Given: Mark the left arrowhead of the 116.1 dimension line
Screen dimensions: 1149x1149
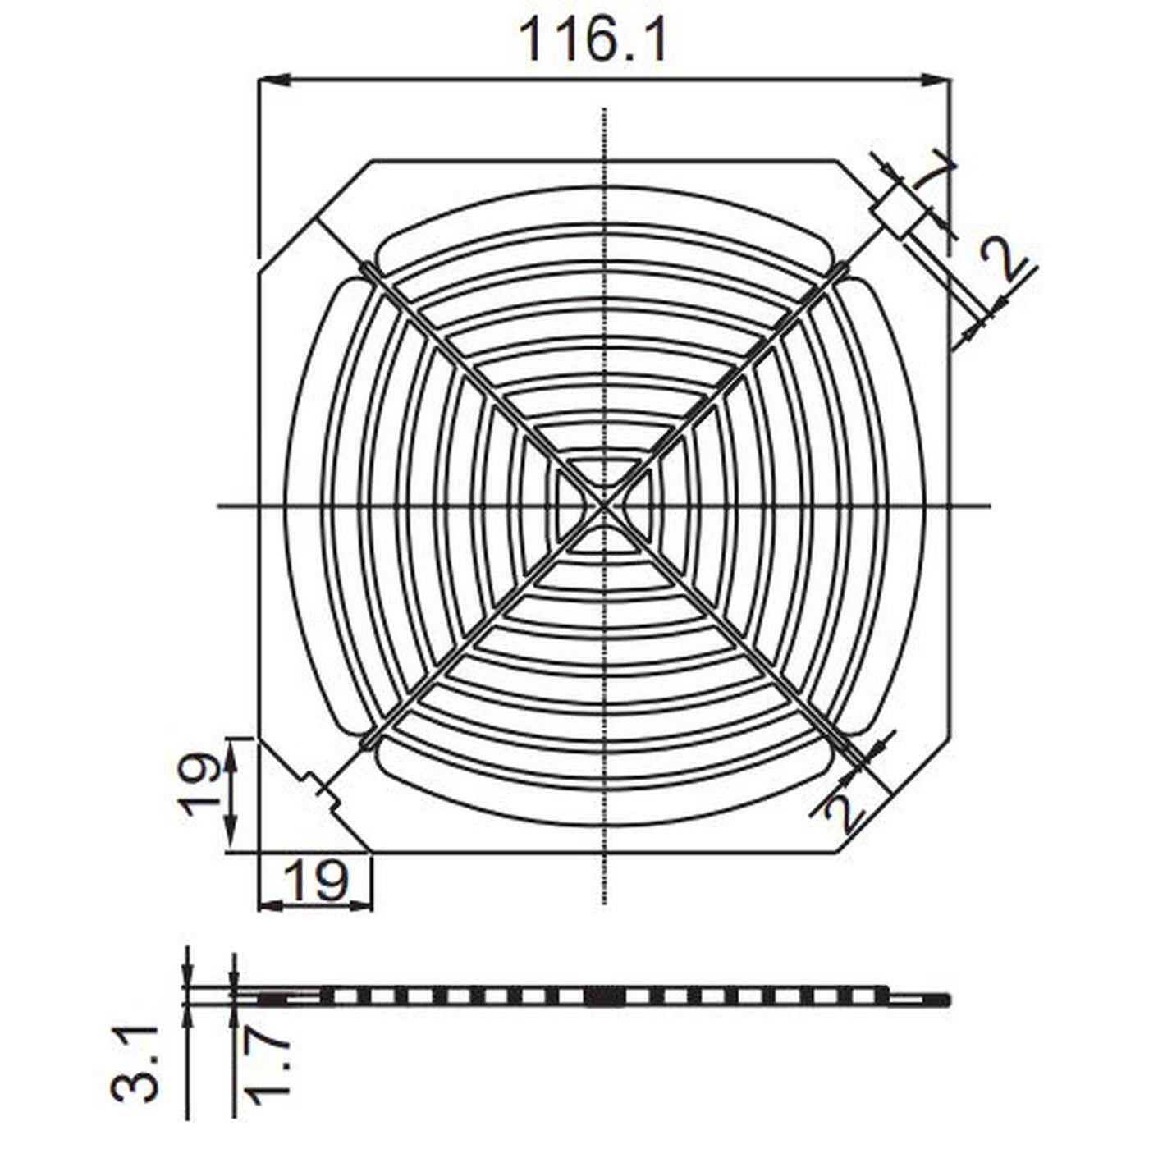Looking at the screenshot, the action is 272,80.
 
